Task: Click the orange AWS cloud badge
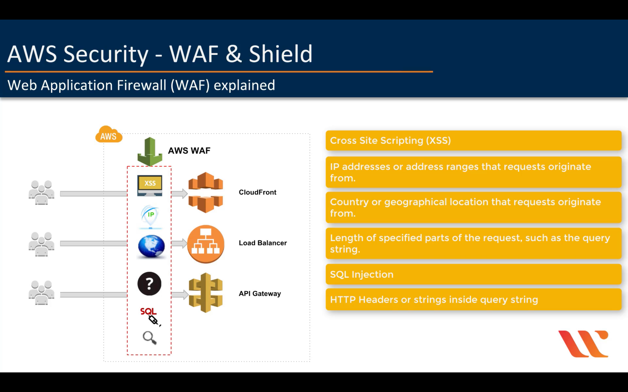108,135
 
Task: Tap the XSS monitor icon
150,185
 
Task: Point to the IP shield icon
150,216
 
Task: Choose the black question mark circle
149,284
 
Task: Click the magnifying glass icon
149,338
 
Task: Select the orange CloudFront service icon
206,192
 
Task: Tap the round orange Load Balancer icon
206,244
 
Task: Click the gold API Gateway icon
206,293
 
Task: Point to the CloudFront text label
257,192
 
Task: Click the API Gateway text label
260,293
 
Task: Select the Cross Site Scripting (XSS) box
473,141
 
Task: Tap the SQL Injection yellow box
473,274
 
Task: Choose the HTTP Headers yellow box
473,299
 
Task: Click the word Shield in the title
280,54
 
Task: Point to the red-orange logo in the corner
583,344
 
